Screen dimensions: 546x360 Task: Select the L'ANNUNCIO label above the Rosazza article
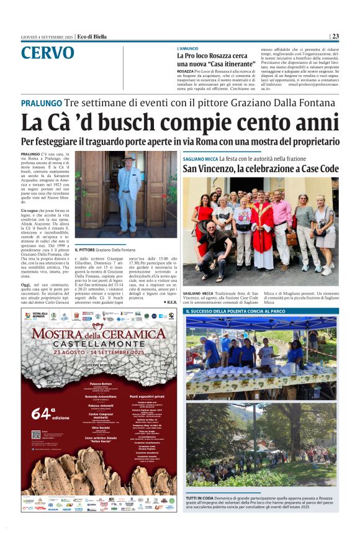coord(188,48)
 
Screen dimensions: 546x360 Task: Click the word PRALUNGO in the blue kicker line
coord(41,103)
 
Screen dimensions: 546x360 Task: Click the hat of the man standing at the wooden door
coord(128,159)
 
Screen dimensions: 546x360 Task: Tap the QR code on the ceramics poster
coord(36,434)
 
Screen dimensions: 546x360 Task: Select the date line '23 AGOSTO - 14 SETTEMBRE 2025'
coord(101,352)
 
